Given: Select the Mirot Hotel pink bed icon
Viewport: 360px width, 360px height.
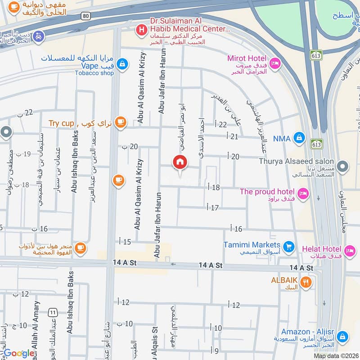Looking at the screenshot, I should point(275,63).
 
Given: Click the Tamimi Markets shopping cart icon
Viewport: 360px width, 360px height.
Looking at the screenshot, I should point(289,246).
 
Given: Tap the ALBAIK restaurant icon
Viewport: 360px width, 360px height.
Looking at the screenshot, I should point(306,282).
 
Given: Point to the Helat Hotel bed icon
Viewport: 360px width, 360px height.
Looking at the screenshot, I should point(349,250).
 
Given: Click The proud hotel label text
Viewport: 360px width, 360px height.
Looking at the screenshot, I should point(267,191).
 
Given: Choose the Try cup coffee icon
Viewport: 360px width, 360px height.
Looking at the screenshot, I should point(120,121).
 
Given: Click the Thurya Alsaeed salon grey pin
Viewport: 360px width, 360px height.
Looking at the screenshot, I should point(343,167).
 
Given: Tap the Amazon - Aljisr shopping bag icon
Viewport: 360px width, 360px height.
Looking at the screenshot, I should point(342,336).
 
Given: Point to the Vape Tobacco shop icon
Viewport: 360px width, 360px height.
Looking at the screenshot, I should point(121,64).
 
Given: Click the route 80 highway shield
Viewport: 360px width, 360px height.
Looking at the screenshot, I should point(85,15).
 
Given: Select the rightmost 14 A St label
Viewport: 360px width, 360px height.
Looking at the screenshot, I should point(301,267).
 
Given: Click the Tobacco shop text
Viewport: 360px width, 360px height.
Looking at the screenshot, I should point(94,73).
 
